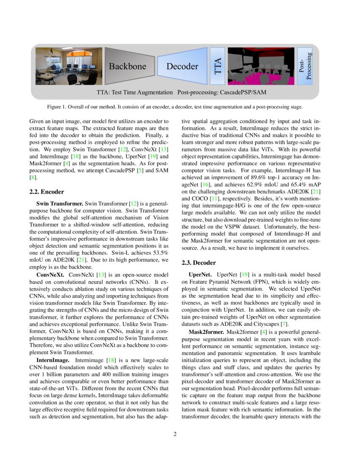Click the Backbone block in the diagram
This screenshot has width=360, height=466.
(127, 66)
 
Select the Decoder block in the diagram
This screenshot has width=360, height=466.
(182, 66)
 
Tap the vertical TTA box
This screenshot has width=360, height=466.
(218, 66)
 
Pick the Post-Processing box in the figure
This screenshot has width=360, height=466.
(305, 66)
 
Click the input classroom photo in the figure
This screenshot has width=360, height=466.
(69, 66)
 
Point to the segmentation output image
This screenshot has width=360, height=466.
(260, 66)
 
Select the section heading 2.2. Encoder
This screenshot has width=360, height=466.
(47, 192)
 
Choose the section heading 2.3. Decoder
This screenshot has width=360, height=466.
(199, 263)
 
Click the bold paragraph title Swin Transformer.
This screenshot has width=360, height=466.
(60, 204)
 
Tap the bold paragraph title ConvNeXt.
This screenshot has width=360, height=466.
(50, 275)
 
